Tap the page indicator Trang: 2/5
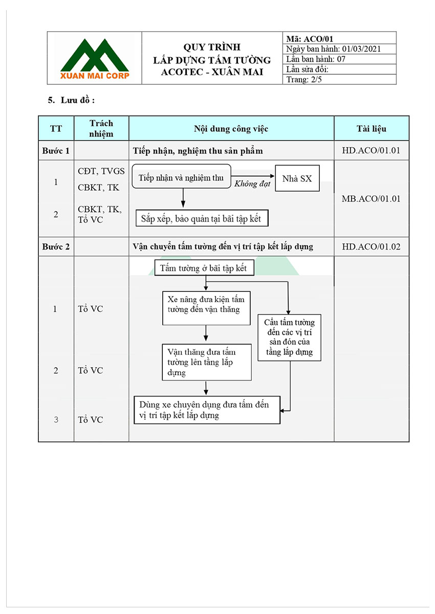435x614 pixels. click(304, 79)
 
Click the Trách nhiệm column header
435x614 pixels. click(101, 128)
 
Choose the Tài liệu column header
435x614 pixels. click(371, 128)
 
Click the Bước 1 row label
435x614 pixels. click(56, 151)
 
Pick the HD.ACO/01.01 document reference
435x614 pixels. click(371, 151)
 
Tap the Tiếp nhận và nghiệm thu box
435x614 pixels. click(182, 178)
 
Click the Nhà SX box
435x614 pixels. click(297, 179)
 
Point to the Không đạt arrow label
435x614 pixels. click(252, 184)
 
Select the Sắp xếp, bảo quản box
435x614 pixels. click(202, 218)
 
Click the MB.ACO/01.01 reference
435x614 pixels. click(371, 198)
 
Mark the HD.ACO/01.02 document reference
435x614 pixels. click(371, 247)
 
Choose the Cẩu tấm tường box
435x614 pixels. click(289, 337)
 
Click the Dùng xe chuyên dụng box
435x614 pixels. click(207, 410)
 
